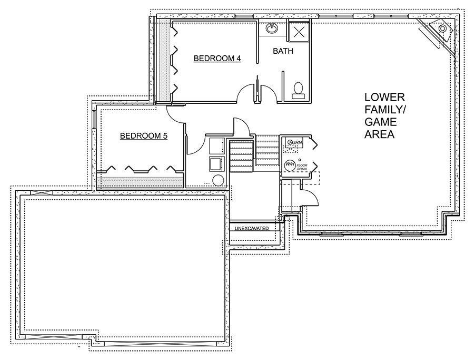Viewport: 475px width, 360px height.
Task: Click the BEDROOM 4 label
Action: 217,59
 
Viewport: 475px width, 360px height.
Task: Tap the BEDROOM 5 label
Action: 144,136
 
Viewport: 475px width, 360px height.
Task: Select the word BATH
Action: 283,51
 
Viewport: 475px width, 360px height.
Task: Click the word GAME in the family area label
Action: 381,122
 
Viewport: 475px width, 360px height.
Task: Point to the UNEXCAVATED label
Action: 252,228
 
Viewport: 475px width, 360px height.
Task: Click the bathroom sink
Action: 272,28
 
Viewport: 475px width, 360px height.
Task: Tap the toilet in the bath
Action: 298,89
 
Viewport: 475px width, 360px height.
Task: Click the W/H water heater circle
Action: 290,165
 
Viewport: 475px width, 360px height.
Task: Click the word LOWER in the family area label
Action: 384,98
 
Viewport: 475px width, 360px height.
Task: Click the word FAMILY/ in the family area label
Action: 384,110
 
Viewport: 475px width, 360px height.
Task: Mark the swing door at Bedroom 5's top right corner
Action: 175,113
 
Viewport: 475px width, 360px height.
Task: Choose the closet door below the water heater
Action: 311,198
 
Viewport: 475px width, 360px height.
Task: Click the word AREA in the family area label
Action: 379,135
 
